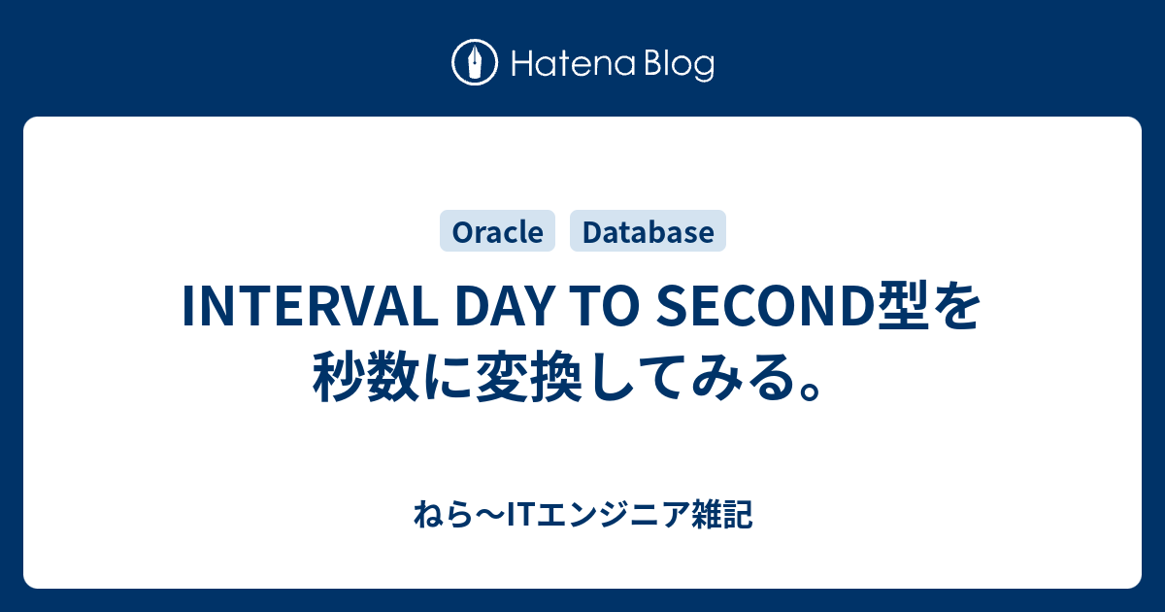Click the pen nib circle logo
point(475,62)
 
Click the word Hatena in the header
point(574,64)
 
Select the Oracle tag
point(498,231)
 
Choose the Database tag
point(649,231)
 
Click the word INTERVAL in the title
point(311,307)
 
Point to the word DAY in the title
point(504,307)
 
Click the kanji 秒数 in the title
point(366,377)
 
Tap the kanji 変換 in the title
point(528,377)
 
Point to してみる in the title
point(691,377)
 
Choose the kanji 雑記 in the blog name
point(722,515)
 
